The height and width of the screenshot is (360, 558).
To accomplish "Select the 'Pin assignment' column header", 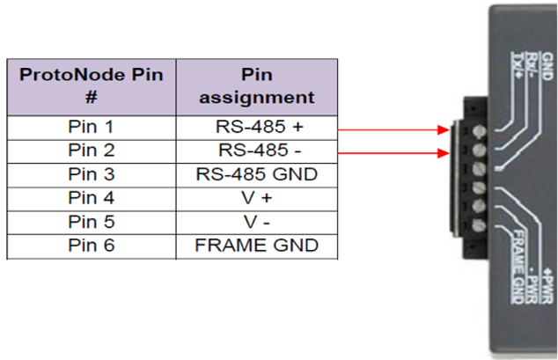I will point(256,85).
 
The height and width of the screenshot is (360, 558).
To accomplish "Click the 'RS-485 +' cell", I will point(256,127).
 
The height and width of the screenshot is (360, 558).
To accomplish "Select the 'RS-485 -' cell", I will point(256,151).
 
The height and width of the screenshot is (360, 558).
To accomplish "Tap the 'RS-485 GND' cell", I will point(256,174).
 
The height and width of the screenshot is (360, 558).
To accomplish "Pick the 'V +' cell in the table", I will point(256,198).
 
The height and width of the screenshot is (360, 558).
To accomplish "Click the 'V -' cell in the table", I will point(256,222).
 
